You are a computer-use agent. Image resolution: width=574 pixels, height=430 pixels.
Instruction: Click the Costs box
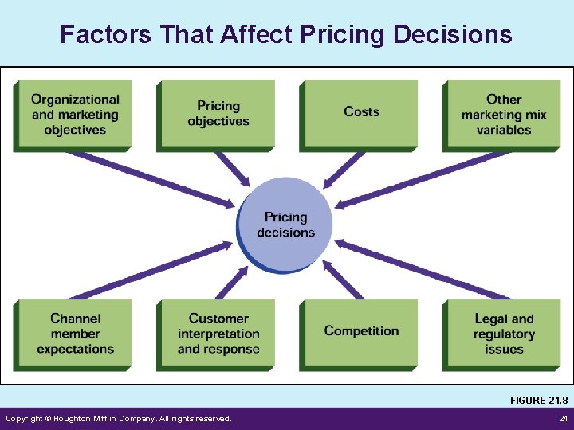(360, 113)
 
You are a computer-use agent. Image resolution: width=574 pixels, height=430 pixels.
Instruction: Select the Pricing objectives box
(218, 114)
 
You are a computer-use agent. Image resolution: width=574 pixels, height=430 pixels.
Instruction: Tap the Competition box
(360, 332)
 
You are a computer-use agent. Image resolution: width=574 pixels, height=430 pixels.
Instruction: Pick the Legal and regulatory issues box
(503, 334)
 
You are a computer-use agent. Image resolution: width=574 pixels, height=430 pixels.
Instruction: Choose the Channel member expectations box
(74, 334)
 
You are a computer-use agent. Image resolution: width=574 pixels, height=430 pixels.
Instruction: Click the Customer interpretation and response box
(218, 334)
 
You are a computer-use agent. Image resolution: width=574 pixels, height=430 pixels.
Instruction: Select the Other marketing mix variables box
(503, 114)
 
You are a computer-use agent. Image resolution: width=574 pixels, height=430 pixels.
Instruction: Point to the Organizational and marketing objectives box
(74, 114)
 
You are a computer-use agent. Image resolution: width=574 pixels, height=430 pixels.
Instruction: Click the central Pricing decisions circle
(285, 224)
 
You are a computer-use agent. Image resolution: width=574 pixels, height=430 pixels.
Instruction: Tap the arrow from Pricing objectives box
(230, 168)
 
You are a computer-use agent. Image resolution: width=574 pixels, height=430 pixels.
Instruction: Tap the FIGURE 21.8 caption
(539, 400)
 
